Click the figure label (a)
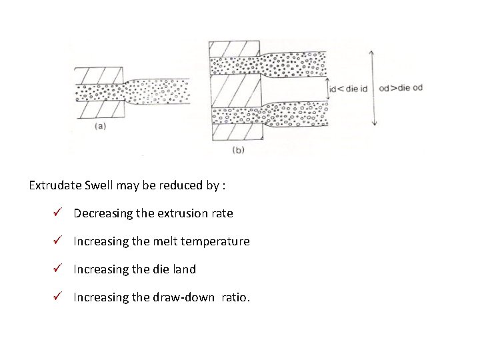point(99,124)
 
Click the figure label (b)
point(238,150)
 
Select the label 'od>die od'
point(400,89)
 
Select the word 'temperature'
point(217,241)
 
